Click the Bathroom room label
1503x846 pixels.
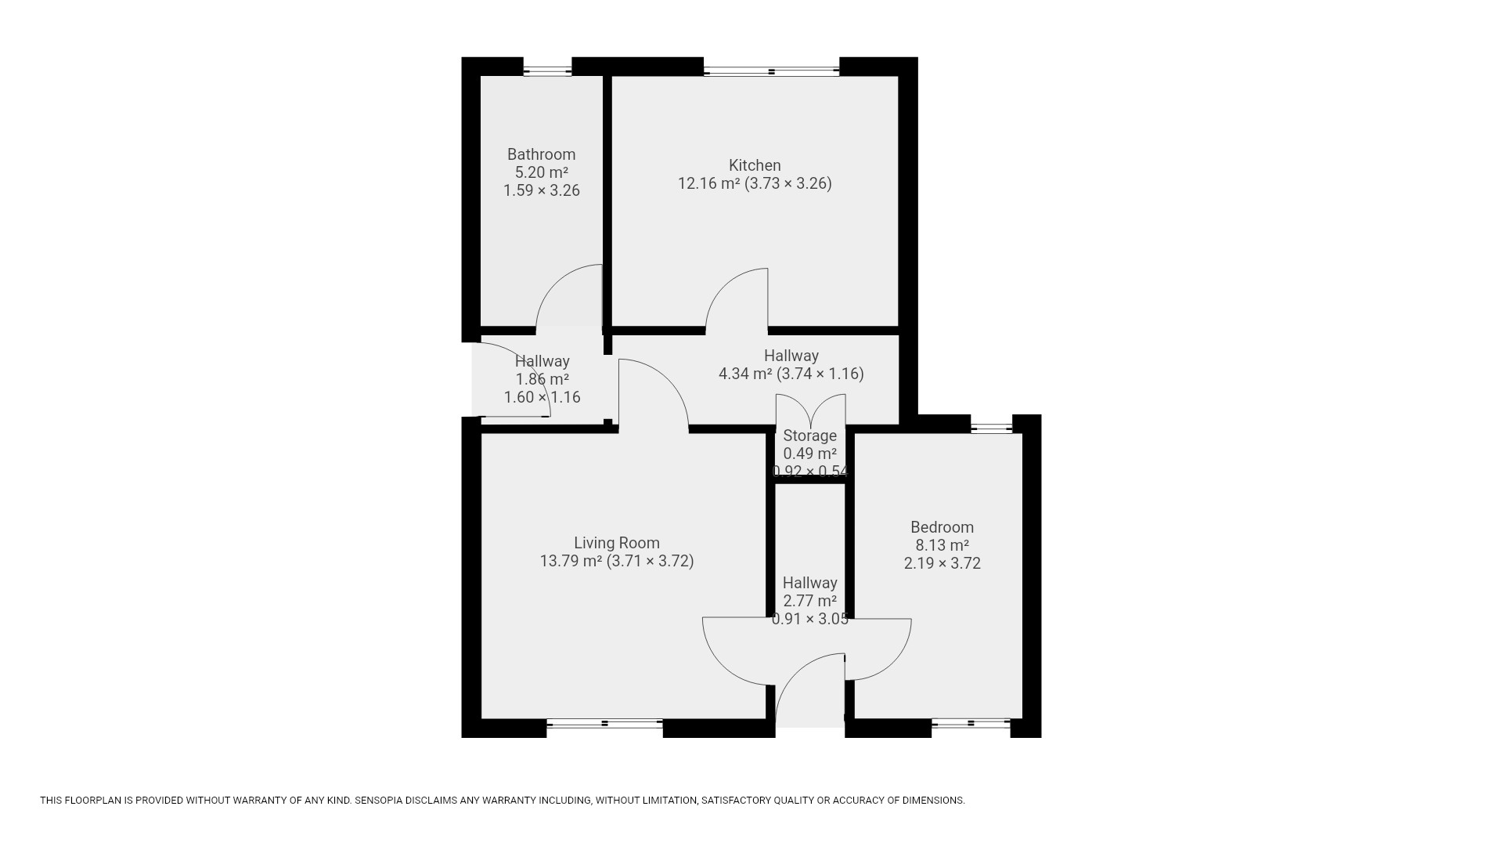tap(541, 154)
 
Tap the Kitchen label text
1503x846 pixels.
tap(755, 165)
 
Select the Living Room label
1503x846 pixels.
tap(617, 543)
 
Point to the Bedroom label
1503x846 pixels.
tap(942, 527)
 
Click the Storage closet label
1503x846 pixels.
tap(809, 436)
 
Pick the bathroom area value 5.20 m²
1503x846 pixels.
tap(541, 172)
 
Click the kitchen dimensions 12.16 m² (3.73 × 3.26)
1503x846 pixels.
tap(755, 183)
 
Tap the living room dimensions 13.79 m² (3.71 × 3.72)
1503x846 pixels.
tap(617, 561)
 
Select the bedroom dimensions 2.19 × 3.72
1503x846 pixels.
tap(942, 563)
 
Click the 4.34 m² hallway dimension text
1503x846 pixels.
tap(791, 374)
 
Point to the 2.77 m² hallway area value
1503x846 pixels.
tap(809, 601)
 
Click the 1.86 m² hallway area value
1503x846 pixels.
tap(542, 379)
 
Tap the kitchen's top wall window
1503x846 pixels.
tap(771, 71)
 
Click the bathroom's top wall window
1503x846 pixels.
tap(547, 71)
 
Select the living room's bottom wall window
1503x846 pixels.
tap(604, 724)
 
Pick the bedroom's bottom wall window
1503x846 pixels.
tap(971, 724)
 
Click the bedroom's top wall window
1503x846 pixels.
tap(992, 428)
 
